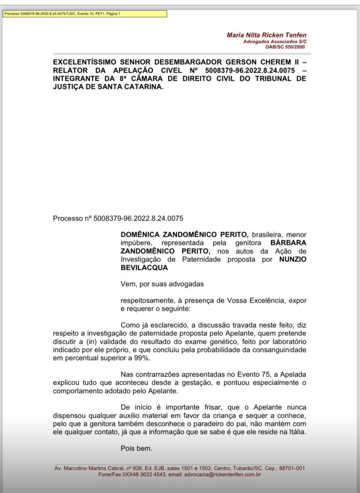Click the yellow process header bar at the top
(85, 13)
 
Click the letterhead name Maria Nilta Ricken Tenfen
(266, 35)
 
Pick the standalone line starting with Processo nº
(118, 218)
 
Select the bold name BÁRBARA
(288, 243)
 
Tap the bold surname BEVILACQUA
(144, 267)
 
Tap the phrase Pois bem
(136, 449)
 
